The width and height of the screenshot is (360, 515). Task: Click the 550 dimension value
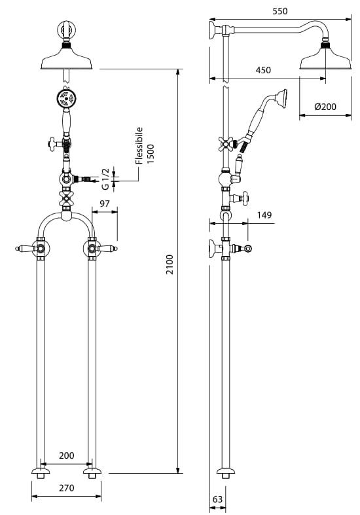(x=280, y=11)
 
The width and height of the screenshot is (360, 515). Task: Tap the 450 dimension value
(x=263, y=70)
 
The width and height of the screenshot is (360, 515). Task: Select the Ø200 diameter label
(x=325, y=107)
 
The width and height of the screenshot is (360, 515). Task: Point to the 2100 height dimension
(x=170, y=264)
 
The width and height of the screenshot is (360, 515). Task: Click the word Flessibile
(x=139, y=145)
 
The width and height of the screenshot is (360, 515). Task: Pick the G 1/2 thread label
(x=105, y=179)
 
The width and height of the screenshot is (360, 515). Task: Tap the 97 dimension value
(x=105, y=204)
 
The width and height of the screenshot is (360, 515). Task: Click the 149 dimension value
(x=264, y=215)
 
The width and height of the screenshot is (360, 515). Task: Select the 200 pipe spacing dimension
(x=67, y=455)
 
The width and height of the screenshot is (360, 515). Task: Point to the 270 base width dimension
(x=67, y=488)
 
